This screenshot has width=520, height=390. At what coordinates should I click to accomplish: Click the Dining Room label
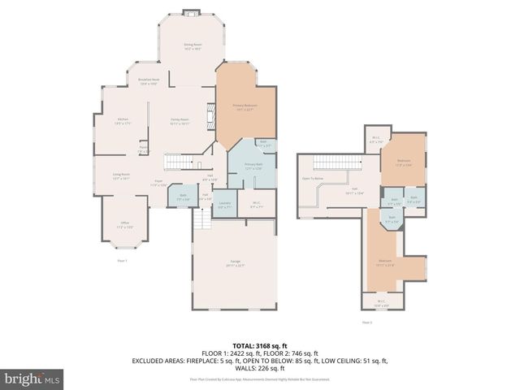192,47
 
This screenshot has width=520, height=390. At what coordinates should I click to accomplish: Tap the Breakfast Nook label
148,81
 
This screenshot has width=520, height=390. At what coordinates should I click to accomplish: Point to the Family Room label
180,121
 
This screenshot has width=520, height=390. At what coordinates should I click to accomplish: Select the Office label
123,225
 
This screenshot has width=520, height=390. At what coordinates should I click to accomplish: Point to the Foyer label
158,182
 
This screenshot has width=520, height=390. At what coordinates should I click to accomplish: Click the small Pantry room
143,149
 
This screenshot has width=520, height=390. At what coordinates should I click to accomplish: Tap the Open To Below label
313,177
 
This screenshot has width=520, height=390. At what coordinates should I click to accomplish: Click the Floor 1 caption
123,260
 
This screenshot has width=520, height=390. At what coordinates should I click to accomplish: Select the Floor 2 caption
366,322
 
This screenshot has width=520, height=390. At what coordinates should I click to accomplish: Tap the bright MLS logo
32,379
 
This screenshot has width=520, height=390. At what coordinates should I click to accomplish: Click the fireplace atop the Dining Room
192,12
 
